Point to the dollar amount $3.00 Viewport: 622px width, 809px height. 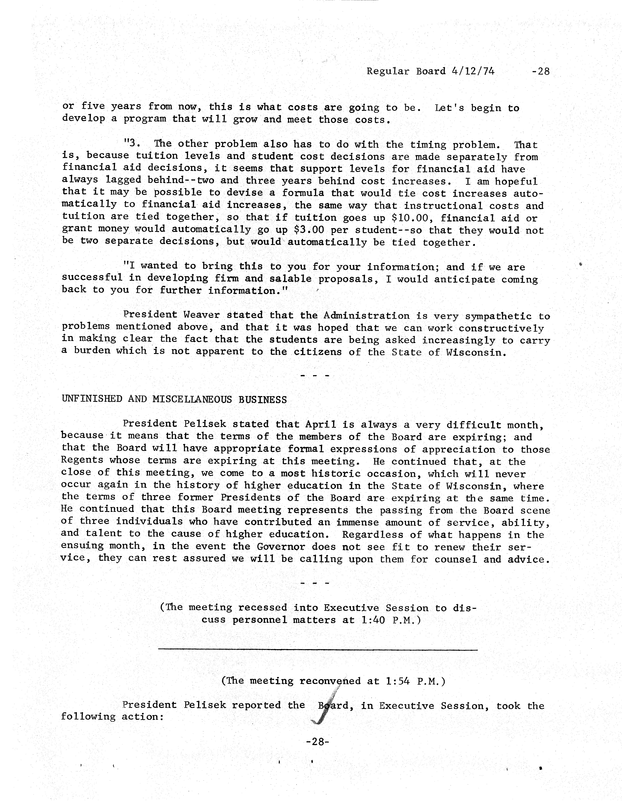tap(309, 230)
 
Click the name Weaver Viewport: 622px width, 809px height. tap(201, 315)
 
